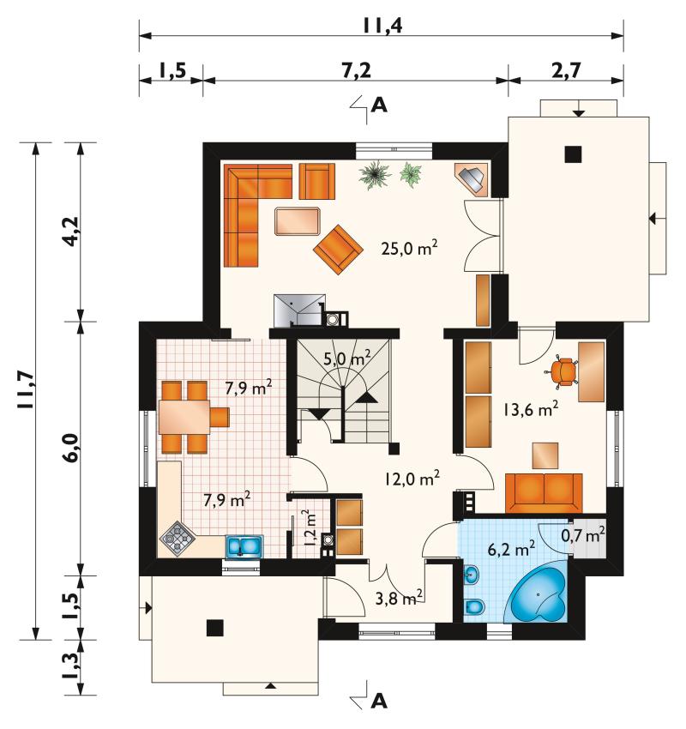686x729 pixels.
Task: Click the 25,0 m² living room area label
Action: click(x=409, y=248)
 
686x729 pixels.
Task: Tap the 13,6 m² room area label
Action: click(x=530, y=409)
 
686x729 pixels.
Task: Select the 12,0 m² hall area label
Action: click(x=412, y=478)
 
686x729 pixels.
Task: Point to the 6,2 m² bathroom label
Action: click(x=511, y=549)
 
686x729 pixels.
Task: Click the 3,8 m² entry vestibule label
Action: click(x=399, y=598)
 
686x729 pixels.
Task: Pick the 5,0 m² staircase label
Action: click(x=346, y=358)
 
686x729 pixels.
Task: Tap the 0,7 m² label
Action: click(x=583, y=534)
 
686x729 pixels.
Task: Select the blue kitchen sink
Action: click(x=244, y=547)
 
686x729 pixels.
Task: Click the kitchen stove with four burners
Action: click(x=178, y=539)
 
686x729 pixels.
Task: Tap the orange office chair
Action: click(x=563, y=371)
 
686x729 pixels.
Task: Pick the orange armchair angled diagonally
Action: click(x=338, y=250)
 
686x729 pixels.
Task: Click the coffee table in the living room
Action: click(x=298, y=221)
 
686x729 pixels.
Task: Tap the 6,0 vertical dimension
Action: click(x=71, y=448)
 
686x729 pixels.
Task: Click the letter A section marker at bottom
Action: click(x=380, y=700)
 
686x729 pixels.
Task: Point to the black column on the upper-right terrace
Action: click(x=573, y=154)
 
